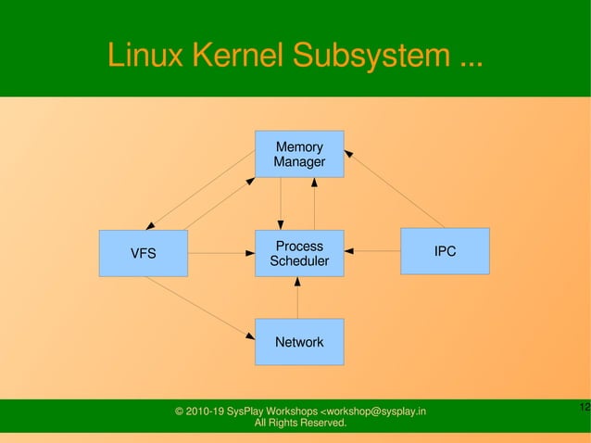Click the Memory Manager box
[299, 154]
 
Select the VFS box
[143, 253]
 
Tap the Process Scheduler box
[299, 253]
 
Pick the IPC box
[445, 251]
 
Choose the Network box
[299, 342]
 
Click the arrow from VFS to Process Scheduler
[220, 253]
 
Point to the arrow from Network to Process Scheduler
[298, 297]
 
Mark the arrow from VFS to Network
[198, 307]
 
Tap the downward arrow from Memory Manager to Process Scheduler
[281, 204]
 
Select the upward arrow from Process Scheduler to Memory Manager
[315, 204]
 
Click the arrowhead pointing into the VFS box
[151, 225]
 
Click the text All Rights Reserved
[300, 424]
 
